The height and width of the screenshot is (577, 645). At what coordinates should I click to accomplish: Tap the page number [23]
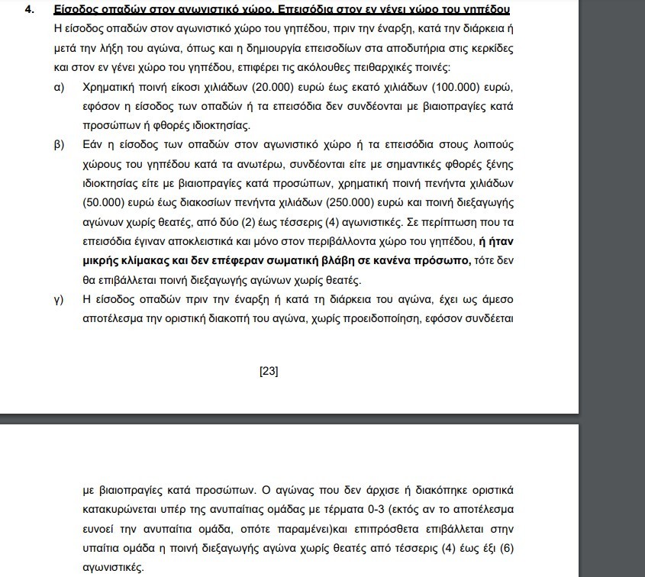tap(269, 372)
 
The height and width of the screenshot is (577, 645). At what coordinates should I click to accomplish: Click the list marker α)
tap(58, 87)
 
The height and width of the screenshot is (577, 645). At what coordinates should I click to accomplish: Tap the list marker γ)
tap(58, 298)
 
